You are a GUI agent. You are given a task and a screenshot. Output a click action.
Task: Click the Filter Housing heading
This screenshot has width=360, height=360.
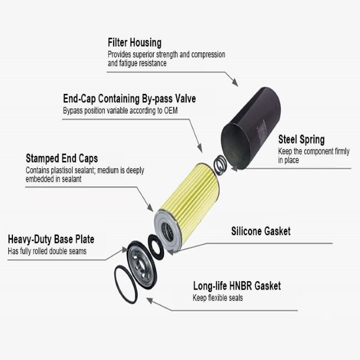pyautogui.click(x=134, y=43)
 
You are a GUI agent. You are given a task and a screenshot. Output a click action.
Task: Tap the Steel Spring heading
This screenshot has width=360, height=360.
pyautogui.click(x=301, y=140)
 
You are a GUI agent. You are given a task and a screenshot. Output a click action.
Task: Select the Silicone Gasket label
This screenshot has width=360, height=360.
pyautogui.click(x=261, y=231)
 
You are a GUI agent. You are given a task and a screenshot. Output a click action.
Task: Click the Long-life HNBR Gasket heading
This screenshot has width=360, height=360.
pyautogui.click(x=237, y=286)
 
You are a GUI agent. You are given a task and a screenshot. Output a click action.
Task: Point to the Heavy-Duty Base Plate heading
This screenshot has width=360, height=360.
pyautogui.click(x=51, y=240)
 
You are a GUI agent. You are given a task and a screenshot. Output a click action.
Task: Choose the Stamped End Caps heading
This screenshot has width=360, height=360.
pyautogui.click(x=62, y=159)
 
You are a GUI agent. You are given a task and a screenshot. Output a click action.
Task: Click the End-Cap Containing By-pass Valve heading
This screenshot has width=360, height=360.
pyautogui.click(x=129, y=99)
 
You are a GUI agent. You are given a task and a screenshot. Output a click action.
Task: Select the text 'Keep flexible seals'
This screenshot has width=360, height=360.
pyautogui.click(x=218, y=298)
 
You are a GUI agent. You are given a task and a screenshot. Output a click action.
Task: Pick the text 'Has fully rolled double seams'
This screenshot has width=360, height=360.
pyautogui.click(x=47, y=251)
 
